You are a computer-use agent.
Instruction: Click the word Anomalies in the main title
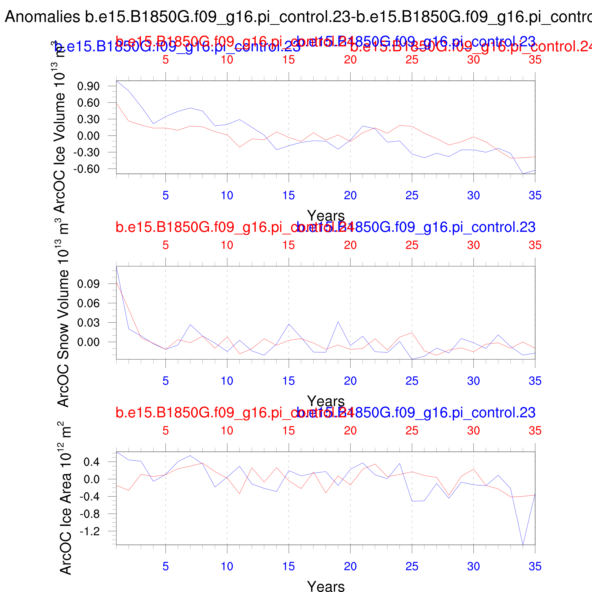pos(43,17)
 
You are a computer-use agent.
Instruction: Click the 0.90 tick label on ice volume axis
pos(88,86)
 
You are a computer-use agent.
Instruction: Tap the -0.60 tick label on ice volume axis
pos(86,169)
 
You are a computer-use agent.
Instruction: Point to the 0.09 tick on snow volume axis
pos(88,284)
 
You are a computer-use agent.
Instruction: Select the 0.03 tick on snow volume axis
pos(88,323)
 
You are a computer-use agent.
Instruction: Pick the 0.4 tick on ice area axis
pos(92,462)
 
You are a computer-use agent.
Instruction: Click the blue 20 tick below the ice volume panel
pos(350,196)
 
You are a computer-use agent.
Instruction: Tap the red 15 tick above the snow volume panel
pos(289,245)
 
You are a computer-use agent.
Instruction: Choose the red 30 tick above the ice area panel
pos(473,431)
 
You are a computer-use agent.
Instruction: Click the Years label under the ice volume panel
pos(326,216)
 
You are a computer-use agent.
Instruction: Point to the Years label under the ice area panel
pos(326,586)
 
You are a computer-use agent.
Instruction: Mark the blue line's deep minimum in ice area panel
pos(523,544)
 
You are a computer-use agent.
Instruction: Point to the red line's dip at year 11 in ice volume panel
pos(240,147)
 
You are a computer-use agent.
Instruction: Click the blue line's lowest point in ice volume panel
pos(523,174)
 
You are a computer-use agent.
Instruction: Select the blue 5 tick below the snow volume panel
pos(166,381)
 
